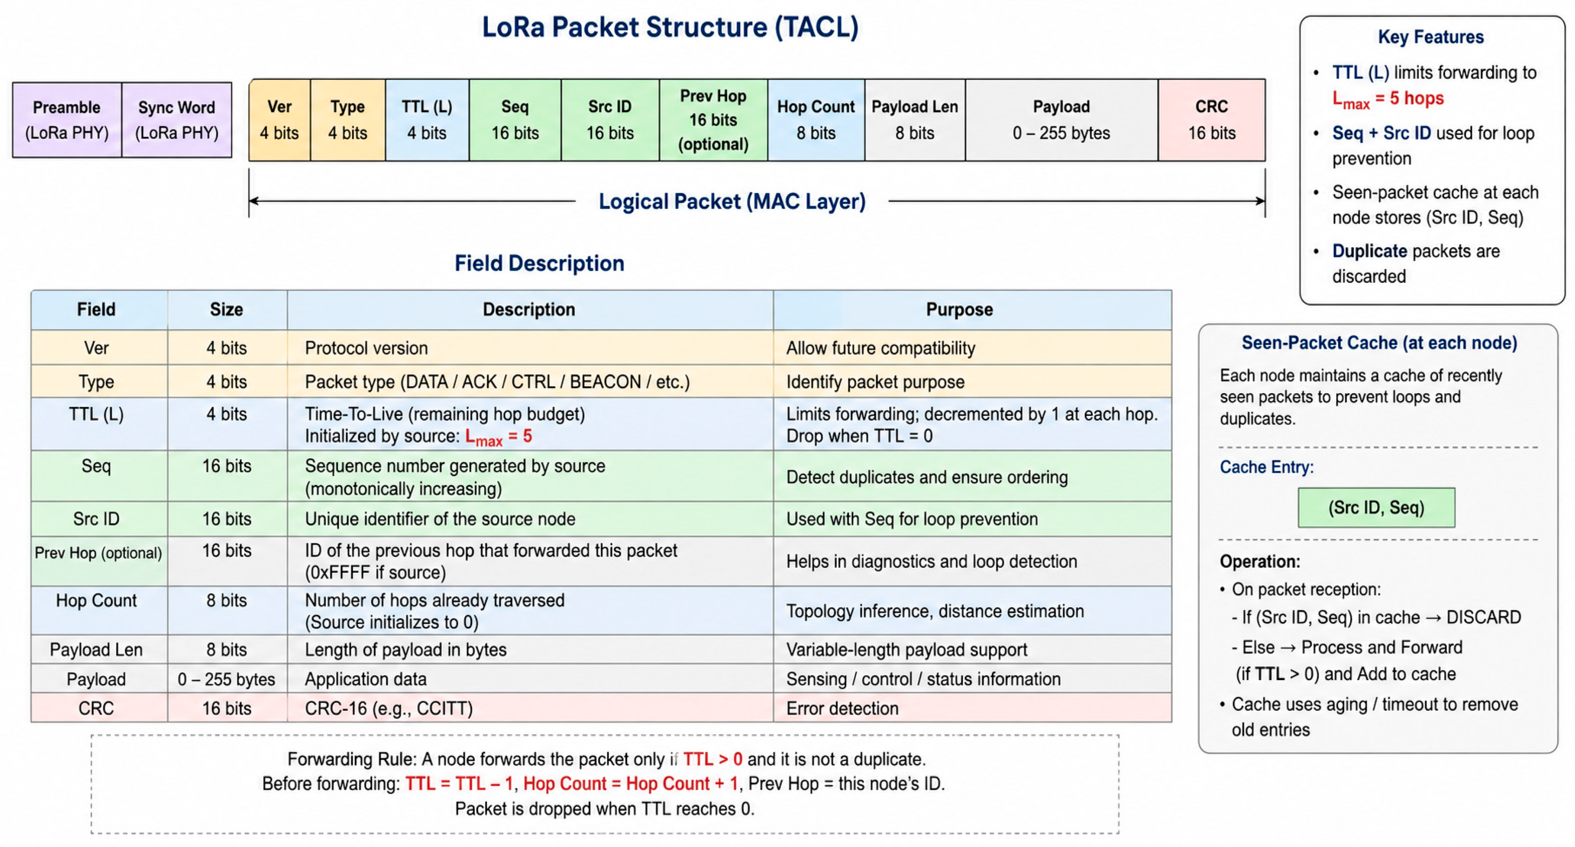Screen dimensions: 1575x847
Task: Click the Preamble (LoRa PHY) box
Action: click(67, 120)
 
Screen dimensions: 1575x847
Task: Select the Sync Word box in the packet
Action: click(177, 120)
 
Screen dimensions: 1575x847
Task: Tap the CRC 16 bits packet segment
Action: click(1211, 120)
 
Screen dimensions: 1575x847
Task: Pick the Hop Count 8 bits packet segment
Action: click(816, 120)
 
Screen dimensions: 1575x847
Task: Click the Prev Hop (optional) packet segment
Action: click(713, 120)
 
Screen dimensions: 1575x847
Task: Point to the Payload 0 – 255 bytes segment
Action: click(1062, 120)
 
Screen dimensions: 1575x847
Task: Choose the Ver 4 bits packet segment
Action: click(280, 120)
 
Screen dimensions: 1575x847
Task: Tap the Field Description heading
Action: click(539, 263)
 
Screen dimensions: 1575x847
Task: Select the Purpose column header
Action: click(959, 310)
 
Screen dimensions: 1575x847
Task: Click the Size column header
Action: click(226, 310)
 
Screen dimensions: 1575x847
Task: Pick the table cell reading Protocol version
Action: click(366, 348)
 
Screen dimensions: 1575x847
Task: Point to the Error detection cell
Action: click(842, 708)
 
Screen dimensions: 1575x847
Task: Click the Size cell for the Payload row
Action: click(226, 679)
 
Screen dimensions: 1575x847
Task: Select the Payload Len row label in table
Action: click(96, 649)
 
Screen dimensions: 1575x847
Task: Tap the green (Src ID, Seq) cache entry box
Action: click(1376, 508)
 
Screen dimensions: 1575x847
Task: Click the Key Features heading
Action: click(1431, 37)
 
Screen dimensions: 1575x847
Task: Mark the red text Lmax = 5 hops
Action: click(1388, 99)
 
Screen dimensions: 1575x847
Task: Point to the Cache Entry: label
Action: click(1266, 467)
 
